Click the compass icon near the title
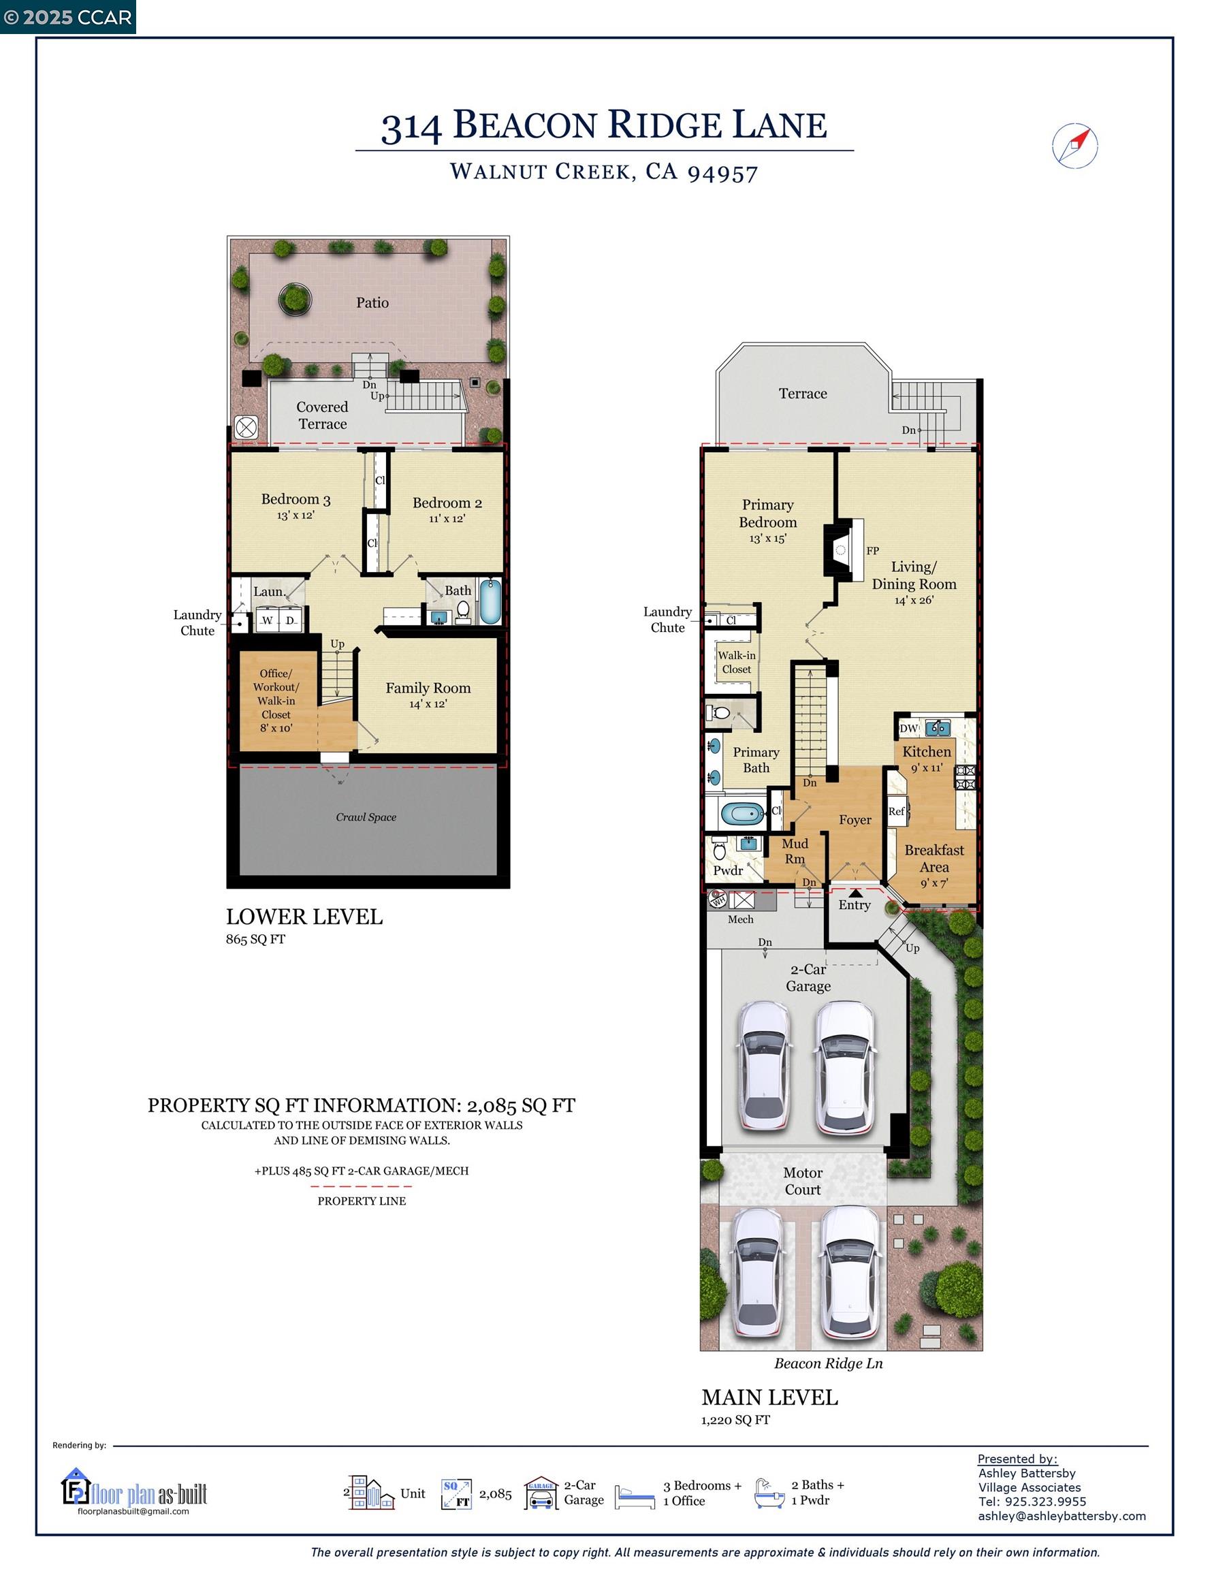pyautogui.click(x=1074, y=146)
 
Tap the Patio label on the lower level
pyautogui.click(x=372, y=302)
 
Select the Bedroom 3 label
pyautogui.click(x=296, y=498)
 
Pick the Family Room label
pyautogui.click(x=428, y=688)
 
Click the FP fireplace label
pyautogui.click(x=872, y=551)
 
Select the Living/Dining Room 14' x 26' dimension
pyautogui.click(x=914, y=600)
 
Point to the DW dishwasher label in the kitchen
pyautogui.click(x=909, y=728)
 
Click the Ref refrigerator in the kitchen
pyautogui.click(x=897, y=811)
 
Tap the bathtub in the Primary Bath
pyautogui.click(x=742, y=814)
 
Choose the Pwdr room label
pyautogui.click(x=728, y=871)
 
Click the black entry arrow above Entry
pyautogui.click(x=855, y=893)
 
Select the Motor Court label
pyautogui.click(x=803, y=1181)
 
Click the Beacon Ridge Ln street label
pyautogui.click(x=829, y=1363)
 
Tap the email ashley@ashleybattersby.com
pyautogui.click(x=1062, y=1516)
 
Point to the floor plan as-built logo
pyautogui.click(x=134, y=1486)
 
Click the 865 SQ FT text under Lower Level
pyautogui.click(x=256, y=939)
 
